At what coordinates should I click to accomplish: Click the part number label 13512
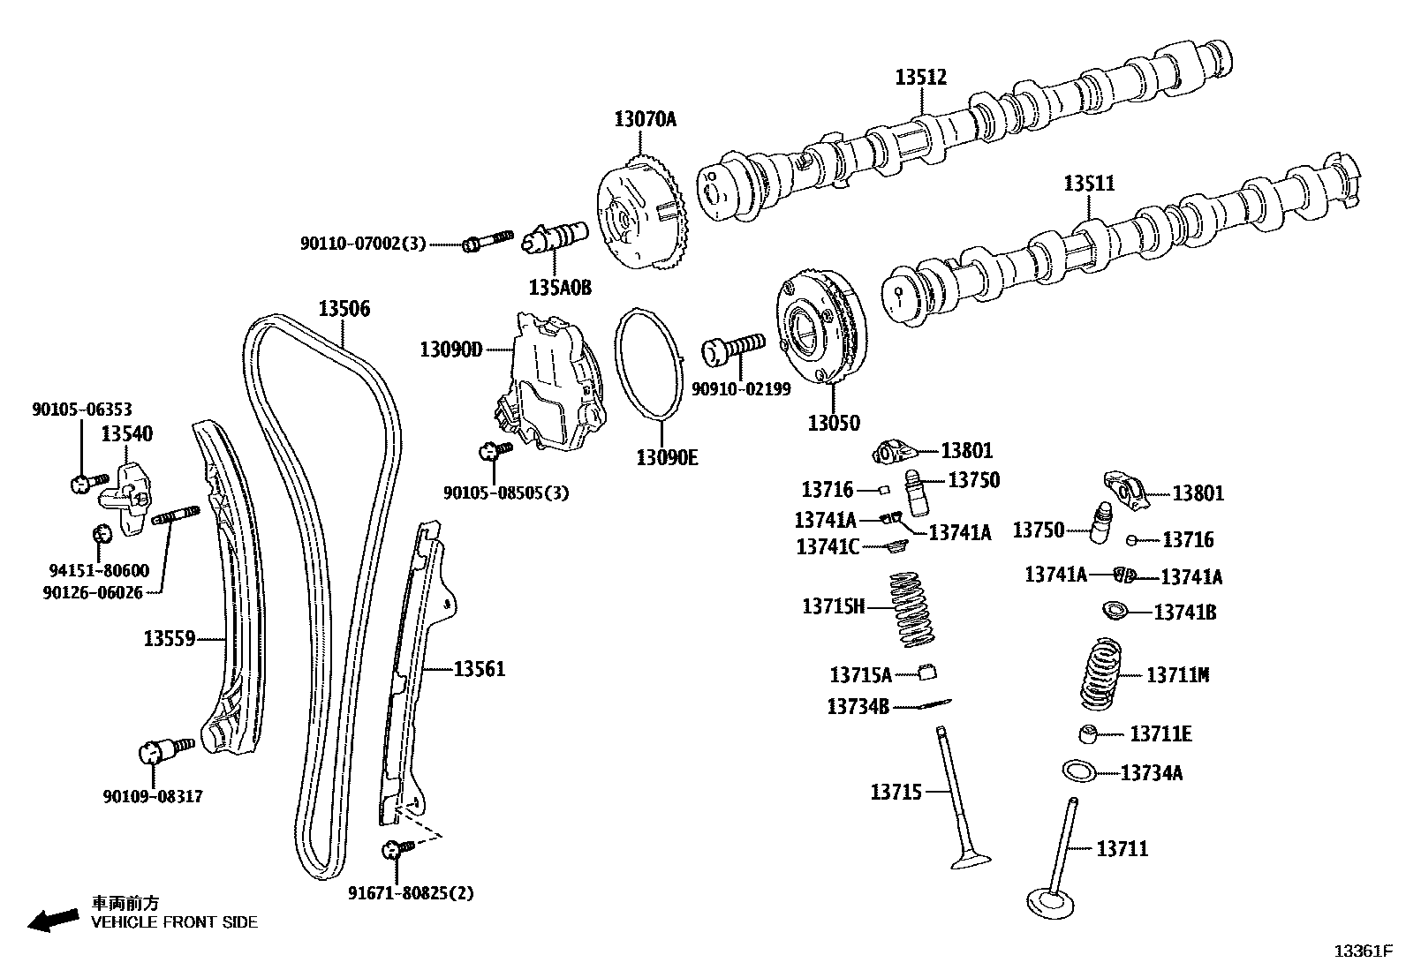click(x=920, y=77)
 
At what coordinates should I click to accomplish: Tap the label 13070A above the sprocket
click(x=645, y=119)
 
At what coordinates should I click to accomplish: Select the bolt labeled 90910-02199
click(x=731, y=349)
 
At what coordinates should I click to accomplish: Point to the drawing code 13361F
click(x=1362, y=951)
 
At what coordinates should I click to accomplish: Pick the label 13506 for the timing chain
click(x=344, y=309)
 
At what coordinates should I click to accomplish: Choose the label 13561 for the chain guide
click(x=479, y=669)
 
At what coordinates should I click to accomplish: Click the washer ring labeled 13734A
click(x=1079, y=771)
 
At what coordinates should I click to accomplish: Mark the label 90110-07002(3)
click(x=363, y=243)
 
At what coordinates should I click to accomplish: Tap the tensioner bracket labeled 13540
click(x=126, y=499)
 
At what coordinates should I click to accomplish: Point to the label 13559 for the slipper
click(x=169, y=637)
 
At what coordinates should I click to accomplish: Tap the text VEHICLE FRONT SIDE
click(x=175, y=922)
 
